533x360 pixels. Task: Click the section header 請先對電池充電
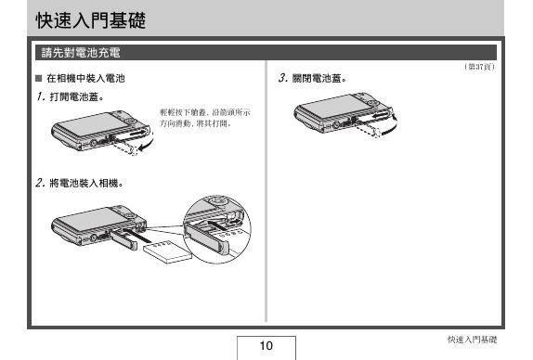tap(81, 51)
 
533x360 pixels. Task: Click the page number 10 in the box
tap(266, 346)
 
